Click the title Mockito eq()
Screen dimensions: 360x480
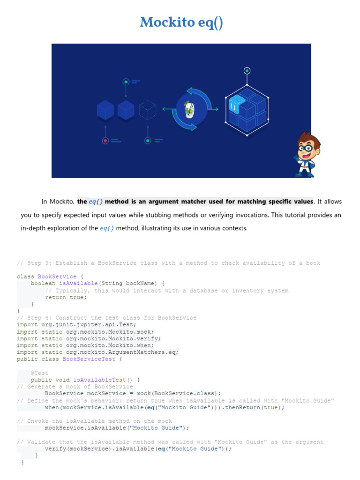coord(181,22)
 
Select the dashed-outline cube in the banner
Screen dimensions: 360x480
coord(148,110)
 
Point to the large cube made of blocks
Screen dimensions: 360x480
coord(247,111)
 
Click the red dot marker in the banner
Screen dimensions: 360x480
coord(106,140)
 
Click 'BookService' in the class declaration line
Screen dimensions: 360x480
coord(57,277)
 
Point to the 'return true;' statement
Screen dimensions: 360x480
coord(66,297)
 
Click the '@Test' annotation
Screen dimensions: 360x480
coord(39,373)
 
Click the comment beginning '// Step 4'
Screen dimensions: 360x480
coord(106,318)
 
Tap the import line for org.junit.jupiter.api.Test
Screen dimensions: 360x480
coord(76,324)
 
